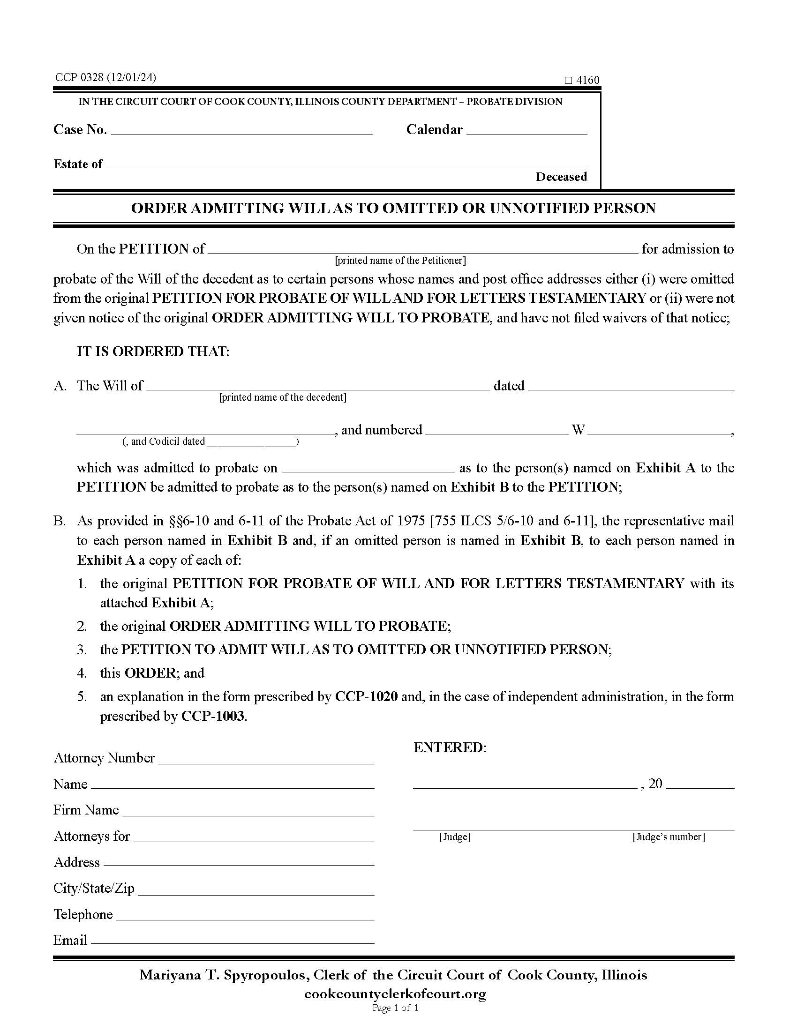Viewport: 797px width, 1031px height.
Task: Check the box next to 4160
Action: (x=568, y=80)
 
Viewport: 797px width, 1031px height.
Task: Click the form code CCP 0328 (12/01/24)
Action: (x=105, y=77)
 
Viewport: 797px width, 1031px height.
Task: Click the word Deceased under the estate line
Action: (x=561, y=177)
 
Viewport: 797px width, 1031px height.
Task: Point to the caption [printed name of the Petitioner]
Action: (x=400, y=260)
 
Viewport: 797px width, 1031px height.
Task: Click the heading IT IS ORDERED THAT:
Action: (x=153, y=351)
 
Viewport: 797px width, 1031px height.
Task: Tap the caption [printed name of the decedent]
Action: (x=282, y=397)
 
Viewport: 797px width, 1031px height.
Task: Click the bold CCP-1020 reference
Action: (x=366, y=697)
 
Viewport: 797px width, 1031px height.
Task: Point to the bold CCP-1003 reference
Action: (x=212, y=717)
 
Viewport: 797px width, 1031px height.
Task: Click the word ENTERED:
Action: (x=449, y=748)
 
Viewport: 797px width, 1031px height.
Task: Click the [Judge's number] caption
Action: (x=668, y=837)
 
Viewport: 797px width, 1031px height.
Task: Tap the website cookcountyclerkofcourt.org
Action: (x=395, y=994)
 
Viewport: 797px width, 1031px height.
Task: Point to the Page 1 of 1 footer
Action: (x=395, y=1009)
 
